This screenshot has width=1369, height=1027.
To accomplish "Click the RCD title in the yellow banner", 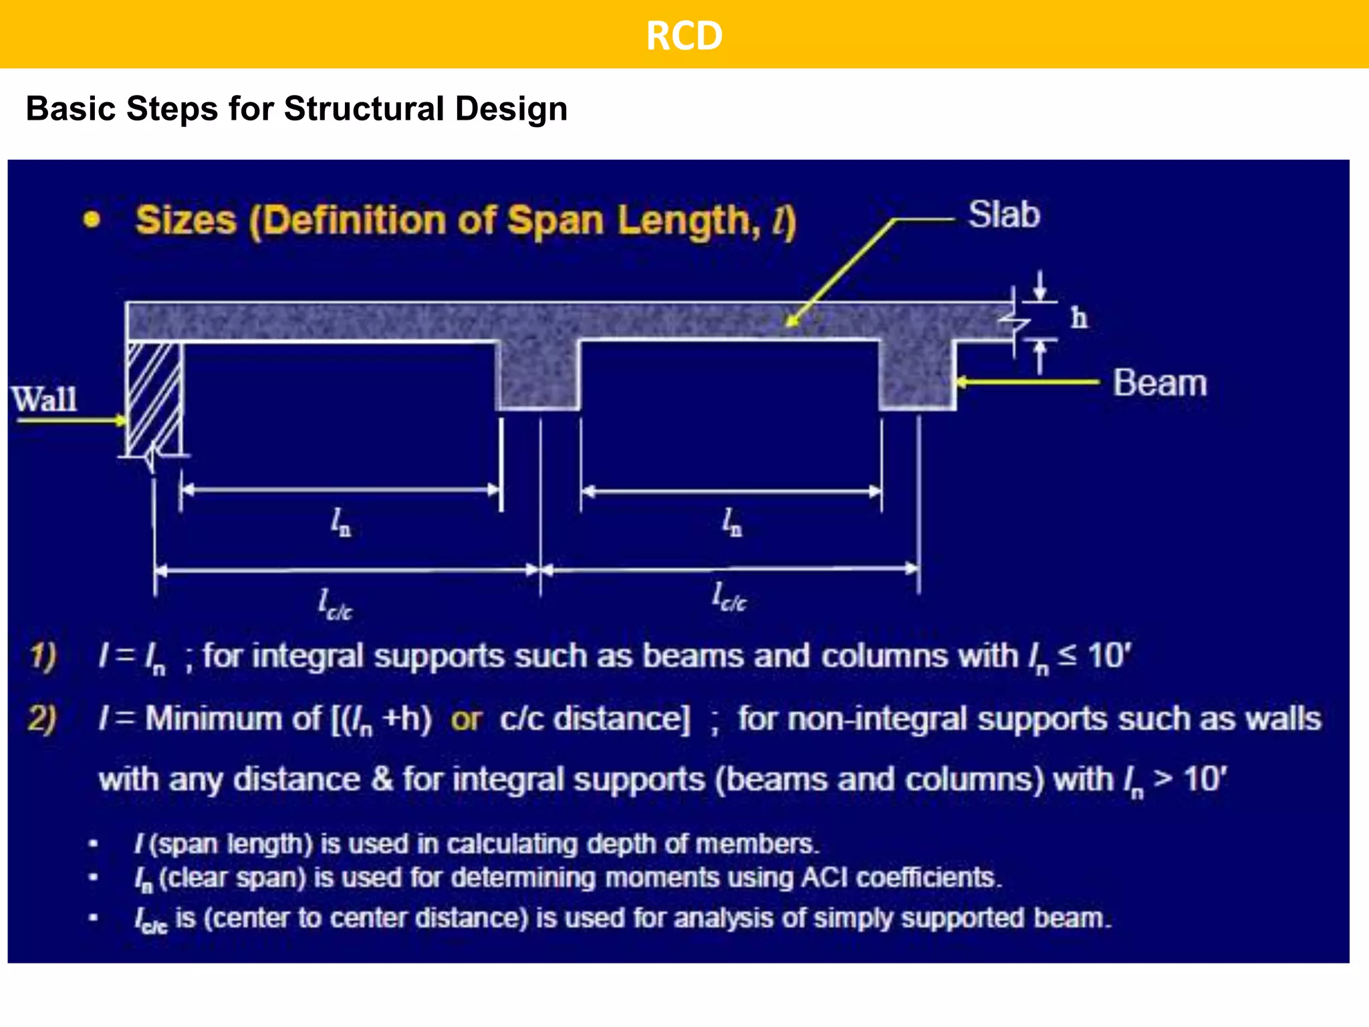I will coord(684,35).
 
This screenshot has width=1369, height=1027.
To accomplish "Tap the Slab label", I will coord(1004,215).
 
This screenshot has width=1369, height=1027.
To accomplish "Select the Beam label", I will coord(1160,383).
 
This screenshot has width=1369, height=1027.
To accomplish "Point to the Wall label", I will coord(45,399).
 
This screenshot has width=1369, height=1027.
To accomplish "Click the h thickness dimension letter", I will coord(1079,318).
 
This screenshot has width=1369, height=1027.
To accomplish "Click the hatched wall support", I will coord(154,398).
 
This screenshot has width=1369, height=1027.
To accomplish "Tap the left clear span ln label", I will coord(341,522).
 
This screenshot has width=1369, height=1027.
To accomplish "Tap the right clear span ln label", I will coord(732,522).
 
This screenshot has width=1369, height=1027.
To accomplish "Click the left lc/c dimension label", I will coord(335,604).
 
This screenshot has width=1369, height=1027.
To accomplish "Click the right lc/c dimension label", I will coord(729,597).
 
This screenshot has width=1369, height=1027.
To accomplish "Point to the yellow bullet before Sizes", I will coord(92,219).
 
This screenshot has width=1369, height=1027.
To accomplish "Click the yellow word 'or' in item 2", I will coord(466,719).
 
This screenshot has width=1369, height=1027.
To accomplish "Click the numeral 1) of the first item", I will coord(43,656).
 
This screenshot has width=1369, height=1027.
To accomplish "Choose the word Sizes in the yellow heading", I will coord(186,220).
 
